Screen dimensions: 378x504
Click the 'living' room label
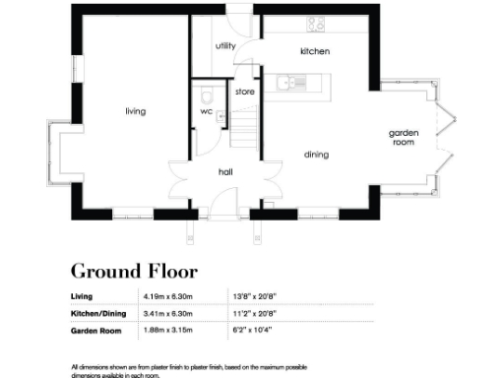click(135, 111)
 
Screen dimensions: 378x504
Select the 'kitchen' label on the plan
click(314, 51)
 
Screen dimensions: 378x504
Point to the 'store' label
click(244, 92)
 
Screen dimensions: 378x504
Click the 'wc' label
click(206, 111)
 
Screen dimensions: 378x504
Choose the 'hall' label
click(225, 172)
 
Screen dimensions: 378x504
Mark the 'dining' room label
click(316, 155)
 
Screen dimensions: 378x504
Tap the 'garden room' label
click(404, 137)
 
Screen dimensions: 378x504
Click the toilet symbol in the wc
click(204, 96)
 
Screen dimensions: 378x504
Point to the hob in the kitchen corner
click(317, 23)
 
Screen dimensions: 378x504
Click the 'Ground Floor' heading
click(134, 271)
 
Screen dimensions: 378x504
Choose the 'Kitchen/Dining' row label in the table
click(99, 314)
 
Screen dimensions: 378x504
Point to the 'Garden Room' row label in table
click(95, 332)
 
